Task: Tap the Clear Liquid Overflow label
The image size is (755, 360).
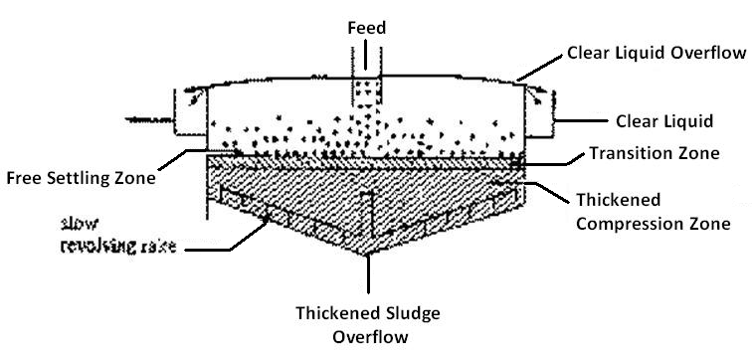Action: pos(656,52)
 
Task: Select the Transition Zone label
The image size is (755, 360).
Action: pos(654,154)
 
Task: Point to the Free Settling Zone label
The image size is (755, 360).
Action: pos(83,179)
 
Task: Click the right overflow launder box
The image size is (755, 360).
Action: pos(542,112)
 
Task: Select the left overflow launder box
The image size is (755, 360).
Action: pos(191,112)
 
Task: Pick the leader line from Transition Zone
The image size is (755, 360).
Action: pos(552,156)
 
